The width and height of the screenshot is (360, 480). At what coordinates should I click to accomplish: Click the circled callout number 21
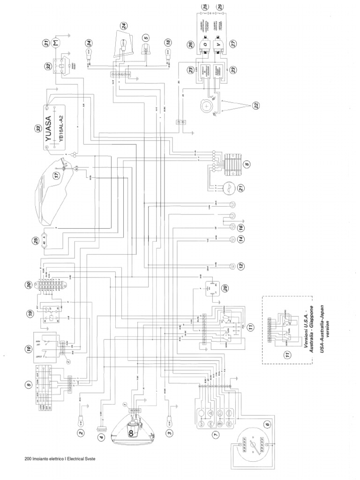point(240,188)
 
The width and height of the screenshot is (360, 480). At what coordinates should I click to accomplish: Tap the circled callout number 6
point(267,425)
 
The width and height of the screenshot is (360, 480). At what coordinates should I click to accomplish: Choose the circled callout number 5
point(146,38)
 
